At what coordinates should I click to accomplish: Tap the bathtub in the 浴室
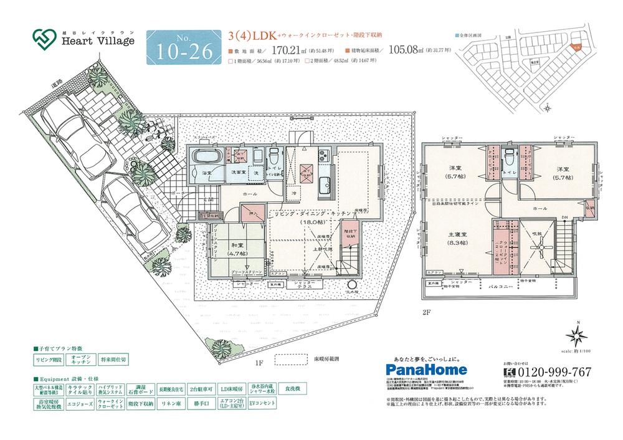pos(204,156)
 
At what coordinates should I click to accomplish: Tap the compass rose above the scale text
pos(577,337)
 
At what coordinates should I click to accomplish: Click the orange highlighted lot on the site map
pos(578,45)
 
